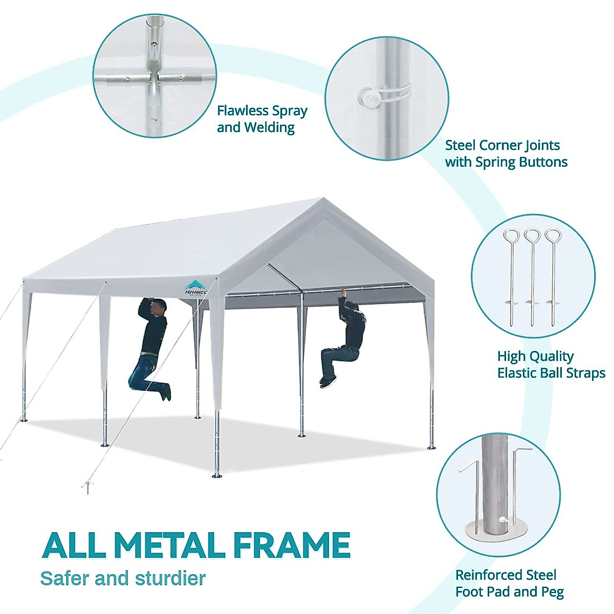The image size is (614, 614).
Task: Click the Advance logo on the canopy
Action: pos(195,288)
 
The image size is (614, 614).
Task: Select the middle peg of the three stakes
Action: pos(532,276)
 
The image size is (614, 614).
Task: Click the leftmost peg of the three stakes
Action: pos(511,276)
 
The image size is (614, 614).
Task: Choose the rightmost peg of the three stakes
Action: pos(552,276)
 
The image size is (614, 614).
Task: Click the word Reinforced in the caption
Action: pos(490,575)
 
